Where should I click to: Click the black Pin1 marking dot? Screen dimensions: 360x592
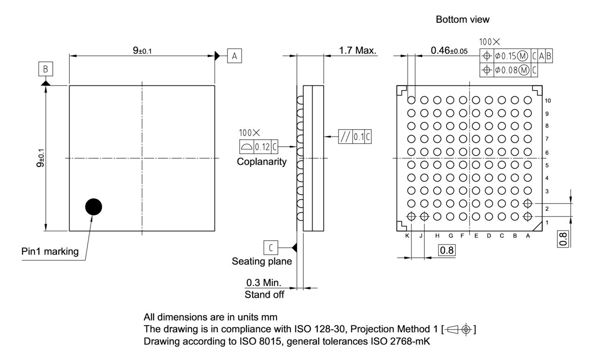pos(93,207)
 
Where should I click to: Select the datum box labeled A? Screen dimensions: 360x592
pos(234,56)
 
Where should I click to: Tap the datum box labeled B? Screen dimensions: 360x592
pos(45,69)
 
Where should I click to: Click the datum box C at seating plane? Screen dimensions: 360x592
pos(271,248)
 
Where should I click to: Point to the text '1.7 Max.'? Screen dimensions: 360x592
pos(358,50)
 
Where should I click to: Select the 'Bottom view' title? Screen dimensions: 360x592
pos(462,19)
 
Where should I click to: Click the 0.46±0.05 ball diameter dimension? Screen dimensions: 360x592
pos(448,50)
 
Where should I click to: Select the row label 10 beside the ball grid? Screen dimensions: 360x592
pos(548,100)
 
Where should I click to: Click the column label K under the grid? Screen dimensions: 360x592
pos(407,236)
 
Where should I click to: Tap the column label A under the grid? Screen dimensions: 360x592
pos(528,236)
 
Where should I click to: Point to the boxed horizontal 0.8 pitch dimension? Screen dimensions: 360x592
pos(447,250)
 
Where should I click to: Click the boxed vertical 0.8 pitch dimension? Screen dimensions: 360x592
pos(563,238)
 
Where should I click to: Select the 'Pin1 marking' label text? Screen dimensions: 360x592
pos(50,252)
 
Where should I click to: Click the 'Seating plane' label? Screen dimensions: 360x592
pos(262,261)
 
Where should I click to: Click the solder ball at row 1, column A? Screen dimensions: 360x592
pos(527,216)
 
